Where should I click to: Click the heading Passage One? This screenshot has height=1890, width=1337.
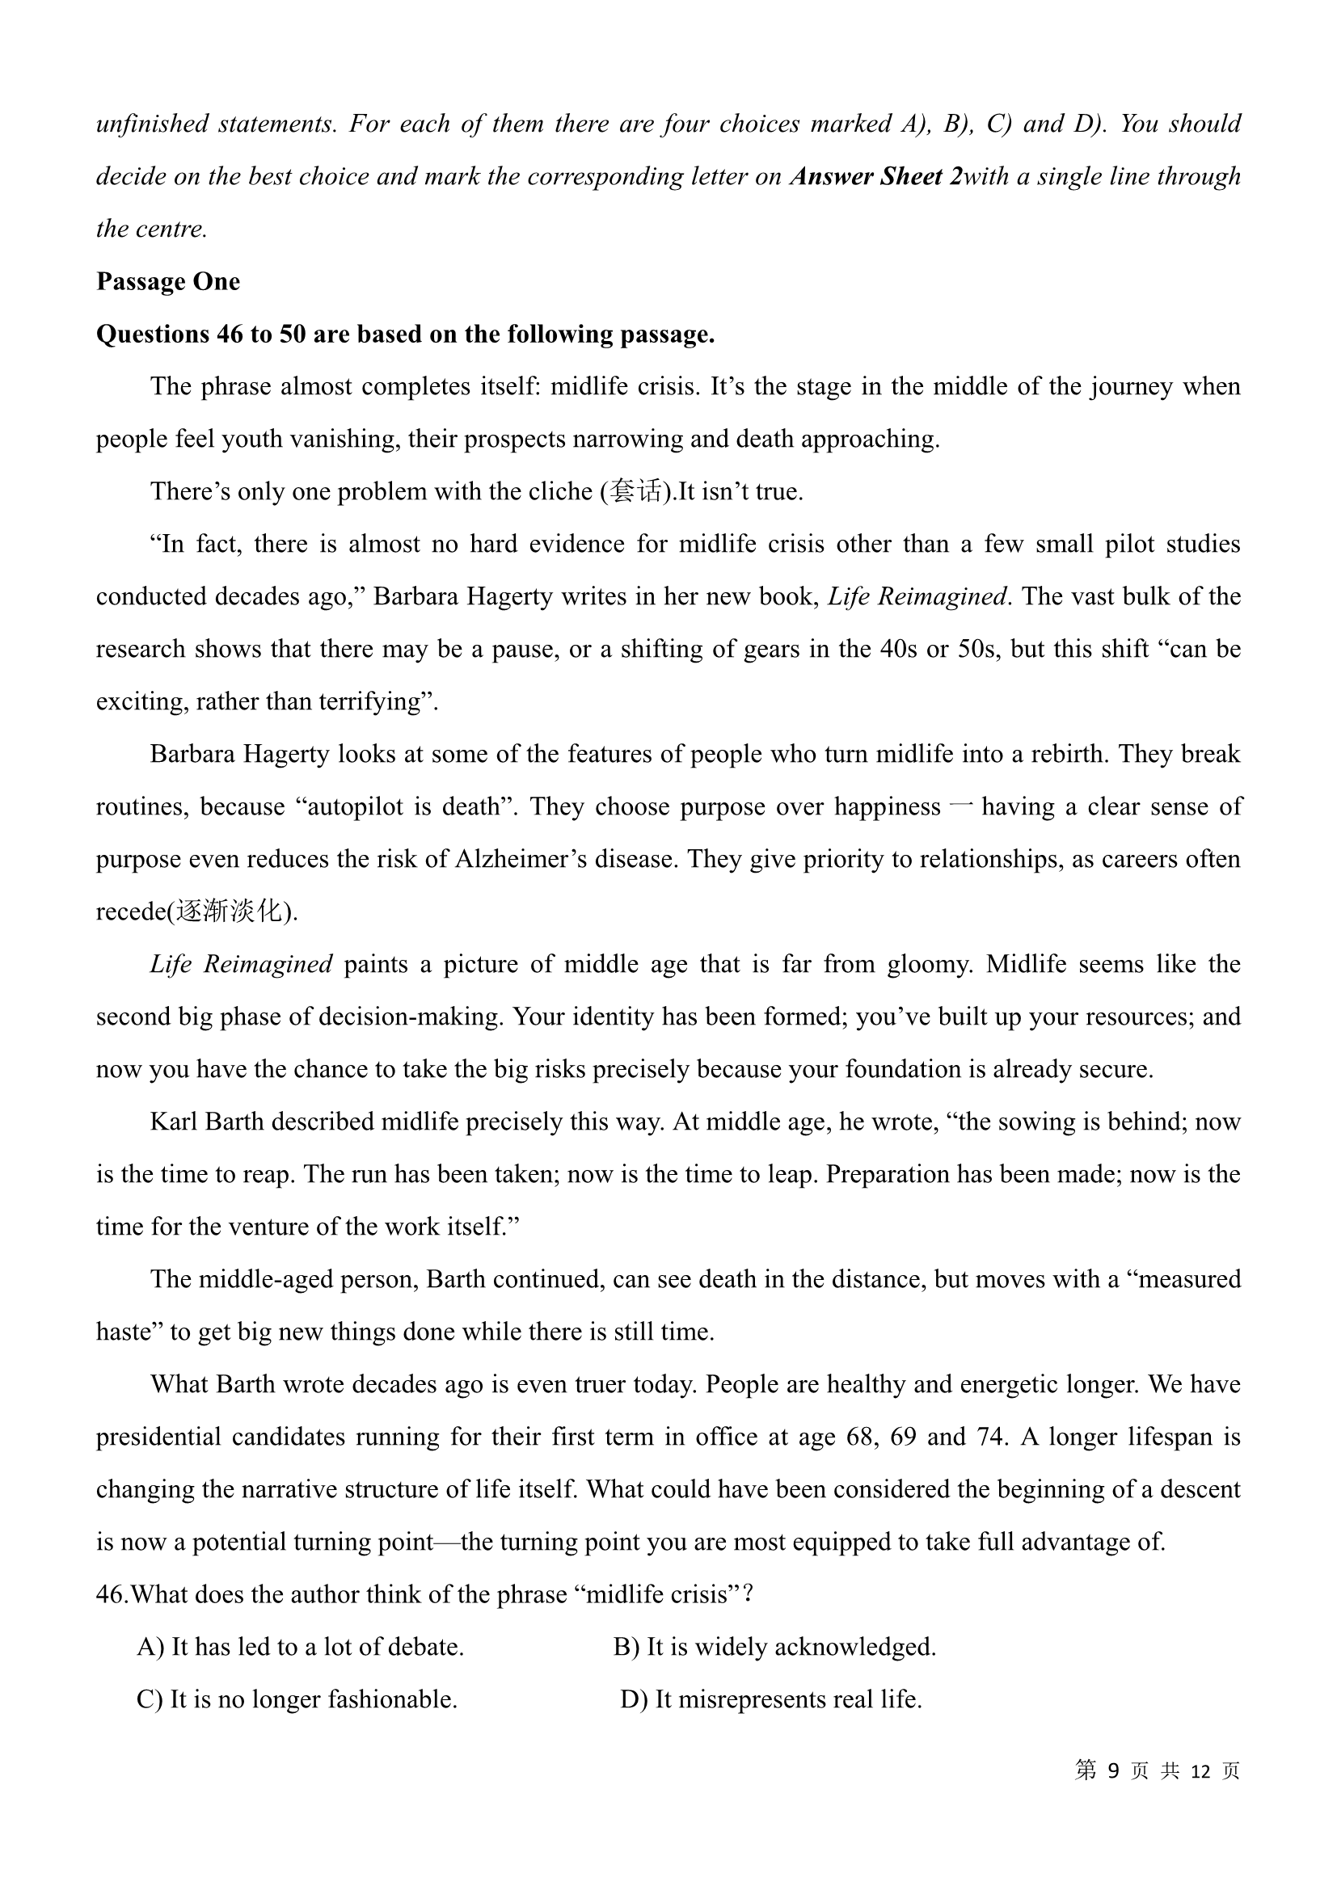coord(168,281)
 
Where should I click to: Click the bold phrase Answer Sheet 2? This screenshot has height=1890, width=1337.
coord(875,176)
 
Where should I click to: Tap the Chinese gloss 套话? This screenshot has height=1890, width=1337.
coord(637,491)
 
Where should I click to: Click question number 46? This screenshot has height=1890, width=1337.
coord(112,1595)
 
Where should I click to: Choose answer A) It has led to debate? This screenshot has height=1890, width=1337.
coord(300,1647)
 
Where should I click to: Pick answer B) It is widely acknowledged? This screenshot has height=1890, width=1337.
coord(774,1647)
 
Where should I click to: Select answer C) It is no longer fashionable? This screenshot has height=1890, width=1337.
coord(297,1700)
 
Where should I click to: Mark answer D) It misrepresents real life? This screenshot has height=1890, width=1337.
coord(770,1700)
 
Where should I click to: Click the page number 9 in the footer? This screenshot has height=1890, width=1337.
coord(1114,1770)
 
